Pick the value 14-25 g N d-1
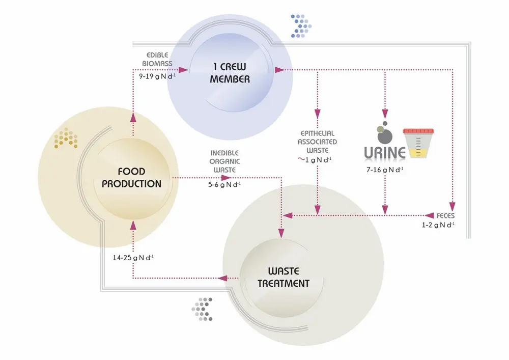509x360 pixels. [x=133, y=257]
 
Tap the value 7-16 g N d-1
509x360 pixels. [x=385, y=169]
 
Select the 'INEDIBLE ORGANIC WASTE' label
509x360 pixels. [x=224, y=161]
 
